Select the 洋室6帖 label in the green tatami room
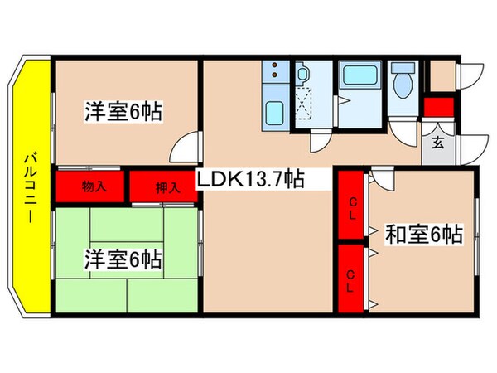[123, 259]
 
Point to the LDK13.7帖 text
[249, 179]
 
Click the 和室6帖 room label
[423, 234]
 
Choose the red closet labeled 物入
[93, 186]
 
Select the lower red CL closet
[351, 275]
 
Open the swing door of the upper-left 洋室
[186, 149]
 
